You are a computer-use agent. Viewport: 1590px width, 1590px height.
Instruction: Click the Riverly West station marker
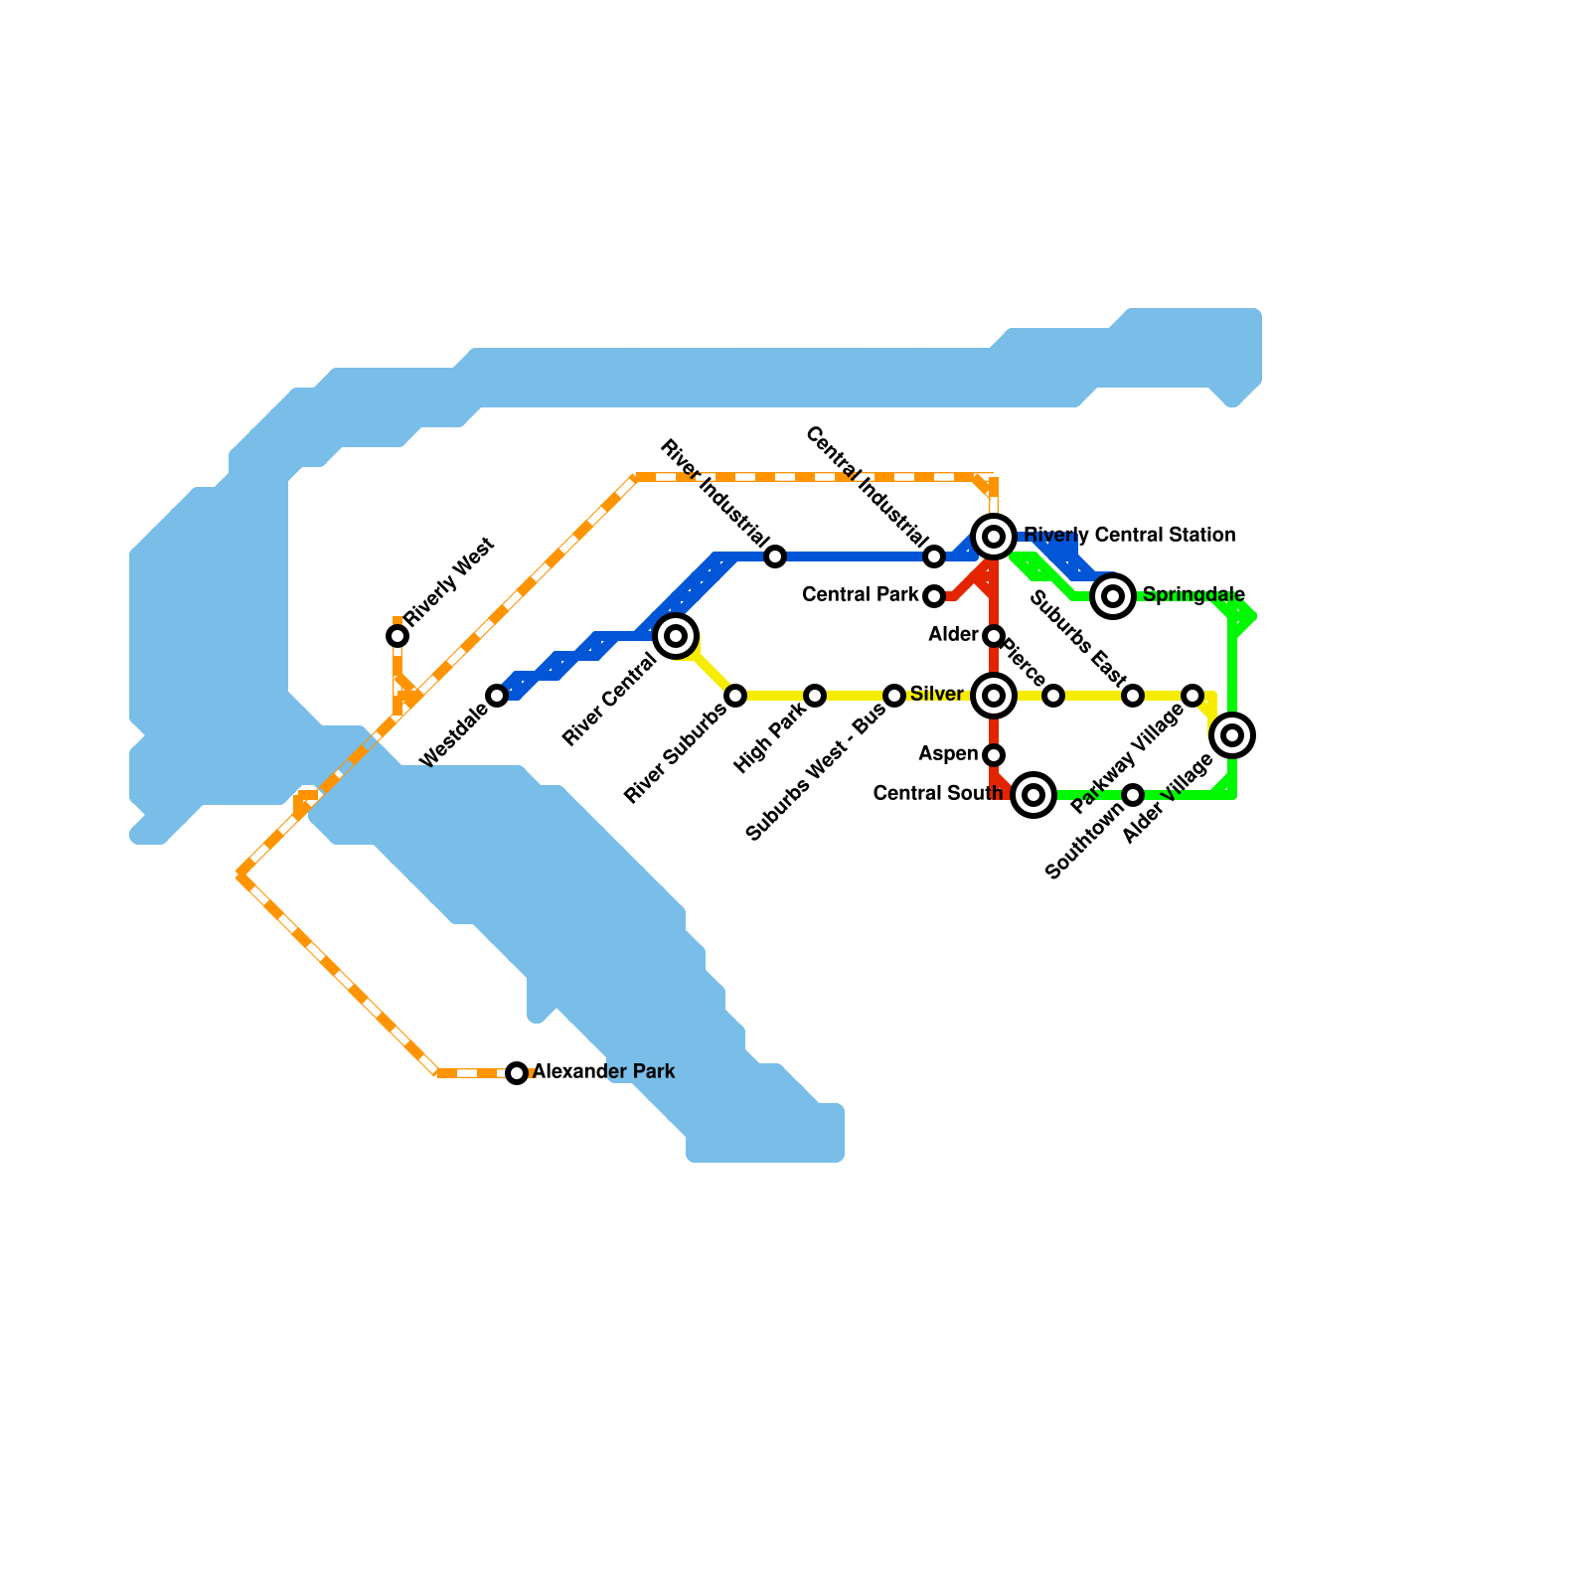(x=397, y=636)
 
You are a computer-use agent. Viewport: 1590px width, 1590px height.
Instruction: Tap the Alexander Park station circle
(x=517, y=1073)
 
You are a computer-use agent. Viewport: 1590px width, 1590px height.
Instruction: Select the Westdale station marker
(x=497, y=696)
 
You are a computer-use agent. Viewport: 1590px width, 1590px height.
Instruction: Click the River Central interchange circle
(x=676, y=636)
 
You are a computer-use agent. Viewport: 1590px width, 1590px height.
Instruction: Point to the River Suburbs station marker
(x=735, y=696)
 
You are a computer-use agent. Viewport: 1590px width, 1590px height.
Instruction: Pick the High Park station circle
(x=815, y=696)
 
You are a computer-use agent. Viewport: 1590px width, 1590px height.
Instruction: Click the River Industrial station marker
(x=775, y=556)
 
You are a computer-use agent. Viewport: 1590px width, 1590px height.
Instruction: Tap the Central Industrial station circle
(x=934, y=556)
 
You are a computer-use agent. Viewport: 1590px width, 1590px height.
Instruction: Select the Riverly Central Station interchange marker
(x=994, y=537)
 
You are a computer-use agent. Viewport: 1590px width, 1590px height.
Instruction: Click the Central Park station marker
(x=934, y=596)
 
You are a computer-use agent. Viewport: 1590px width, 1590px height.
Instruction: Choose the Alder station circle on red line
(x=994, y=636)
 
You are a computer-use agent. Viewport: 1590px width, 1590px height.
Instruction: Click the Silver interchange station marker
(x=994, y=696)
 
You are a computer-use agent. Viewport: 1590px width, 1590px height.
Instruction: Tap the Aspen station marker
(x=994, y=755)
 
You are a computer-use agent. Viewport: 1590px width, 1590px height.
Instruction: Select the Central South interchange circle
(x=1033, y=795)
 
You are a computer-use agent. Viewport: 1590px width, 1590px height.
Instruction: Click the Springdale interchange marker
(x=1113, y=596)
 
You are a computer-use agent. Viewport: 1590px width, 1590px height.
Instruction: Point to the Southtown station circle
(x=1133, y=795)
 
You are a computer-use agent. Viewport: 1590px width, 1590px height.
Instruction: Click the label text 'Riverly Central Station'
(x=1130, y=536)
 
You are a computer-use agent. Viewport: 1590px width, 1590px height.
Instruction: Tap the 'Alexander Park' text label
(x=604, y=1072)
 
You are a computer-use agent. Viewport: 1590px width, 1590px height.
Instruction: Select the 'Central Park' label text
(x=861, y=595)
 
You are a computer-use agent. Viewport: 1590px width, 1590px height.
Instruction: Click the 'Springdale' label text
(x=1193, y=595)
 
